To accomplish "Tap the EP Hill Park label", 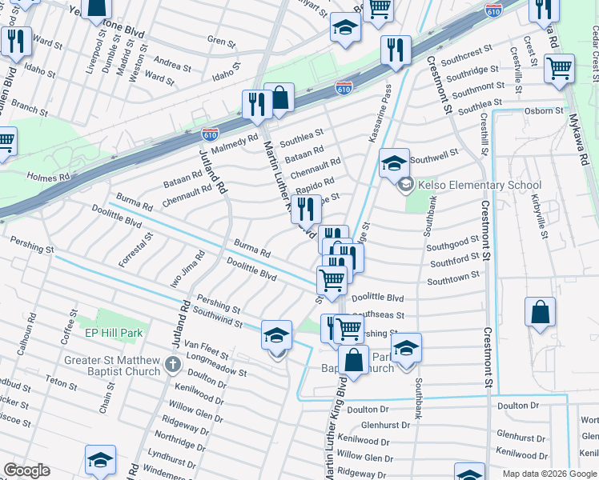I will coord(113,332).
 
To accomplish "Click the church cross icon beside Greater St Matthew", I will coord(172,366).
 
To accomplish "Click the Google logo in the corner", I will coord(26,470).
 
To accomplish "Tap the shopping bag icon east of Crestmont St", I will coord(541,312).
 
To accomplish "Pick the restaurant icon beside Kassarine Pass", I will coord(395,50).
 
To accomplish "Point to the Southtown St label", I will coord(453,277).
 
